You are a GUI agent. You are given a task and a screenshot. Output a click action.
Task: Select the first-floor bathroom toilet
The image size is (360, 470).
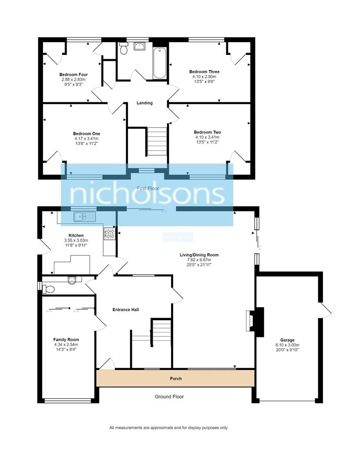pyautogui.click(x=123, y=49)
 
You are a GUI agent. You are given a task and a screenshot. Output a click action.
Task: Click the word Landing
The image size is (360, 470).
pyautogui.click(x=145, y=103)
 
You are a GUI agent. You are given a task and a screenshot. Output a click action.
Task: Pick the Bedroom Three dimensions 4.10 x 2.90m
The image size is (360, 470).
pyautogui.click(x=204, y=77)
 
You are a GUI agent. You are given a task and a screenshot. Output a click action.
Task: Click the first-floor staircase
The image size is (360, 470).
pyautogui.click(x=157, y=141)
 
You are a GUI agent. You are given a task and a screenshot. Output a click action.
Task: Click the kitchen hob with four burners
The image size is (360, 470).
pyautogui.click(x=109, y=234)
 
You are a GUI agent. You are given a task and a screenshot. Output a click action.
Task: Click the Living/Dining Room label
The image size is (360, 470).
pyautogui.click(x=199, y=255)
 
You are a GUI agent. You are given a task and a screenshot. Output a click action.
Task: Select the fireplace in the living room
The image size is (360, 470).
pyautogui.click(x=251, y=322)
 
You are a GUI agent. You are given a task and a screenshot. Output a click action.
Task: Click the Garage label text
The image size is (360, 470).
pyautogui.click(x=287, y=340)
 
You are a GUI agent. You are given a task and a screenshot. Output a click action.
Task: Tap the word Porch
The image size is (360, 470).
pyautogui.click(x=175, y=379)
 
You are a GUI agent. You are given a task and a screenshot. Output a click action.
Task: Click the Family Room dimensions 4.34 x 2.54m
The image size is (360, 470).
pyautogui.click(x=66, y=344)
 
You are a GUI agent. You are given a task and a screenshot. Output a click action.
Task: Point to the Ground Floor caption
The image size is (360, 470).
pyautogui.click(x=169, y=397)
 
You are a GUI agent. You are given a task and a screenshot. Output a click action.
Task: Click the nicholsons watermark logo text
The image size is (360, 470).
pyautogui.click(x=147, y=195)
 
